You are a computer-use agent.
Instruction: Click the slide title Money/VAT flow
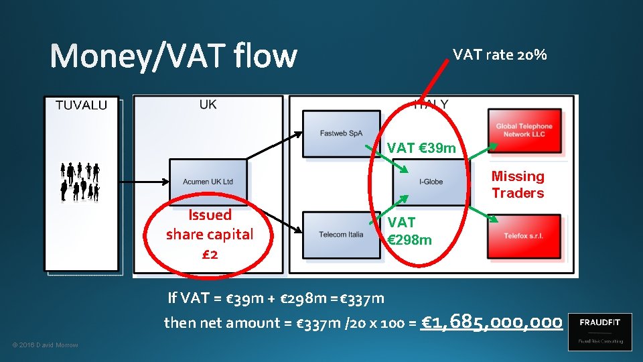tap(173, 56)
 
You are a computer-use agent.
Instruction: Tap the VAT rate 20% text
tap(500, 55)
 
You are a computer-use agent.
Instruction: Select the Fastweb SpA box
tap(341, 133)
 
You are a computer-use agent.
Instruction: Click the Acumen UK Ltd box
tap(208, 181)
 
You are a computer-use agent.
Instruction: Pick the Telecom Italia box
tap(341, 235)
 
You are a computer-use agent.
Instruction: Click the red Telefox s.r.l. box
tap(524, 236)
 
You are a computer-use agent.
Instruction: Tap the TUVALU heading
tap(81, 105)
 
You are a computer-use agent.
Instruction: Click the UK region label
tap(208, 105)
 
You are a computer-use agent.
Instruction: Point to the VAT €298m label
tap(409, 231)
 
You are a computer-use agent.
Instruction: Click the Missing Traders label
tap(518, 184)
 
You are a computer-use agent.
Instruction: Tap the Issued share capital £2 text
tap(210, 235)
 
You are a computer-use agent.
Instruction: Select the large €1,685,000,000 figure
tap(492, 322)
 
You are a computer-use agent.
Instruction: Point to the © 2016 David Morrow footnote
tap(46, 345)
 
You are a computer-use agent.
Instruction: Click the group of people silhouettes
tap(80, 182)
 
